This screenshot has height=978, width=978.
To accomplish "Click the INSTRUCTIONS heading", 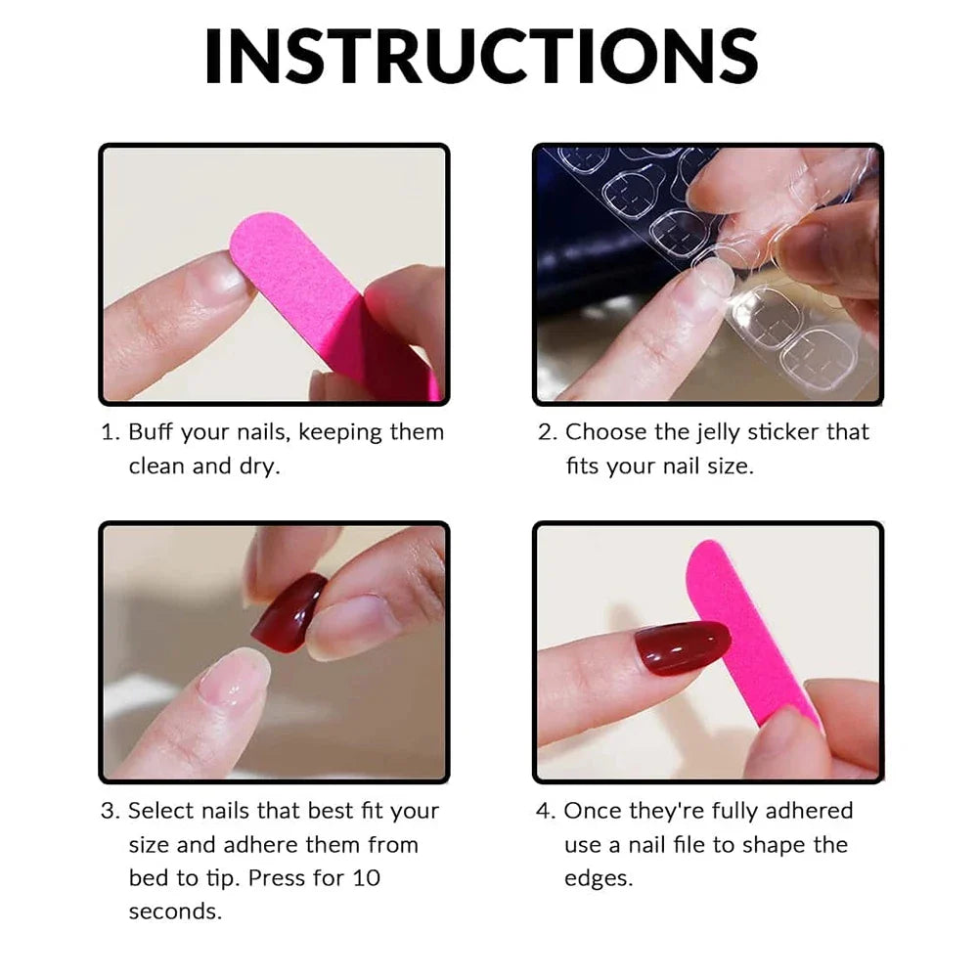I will click(480, 57).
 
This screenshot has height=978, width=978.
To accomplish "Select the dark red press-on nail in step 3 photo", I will click(289, 612).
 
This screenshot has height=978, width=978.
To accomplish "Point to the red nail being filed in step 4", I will click(682, 646).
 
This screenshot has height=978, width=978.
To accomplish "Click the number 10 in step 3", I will click(365, 877).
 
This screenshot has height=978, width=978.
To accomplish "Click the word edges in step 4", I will click(599, 877).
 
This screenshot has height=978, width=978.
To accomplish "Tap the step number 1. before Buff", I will click(111, 432).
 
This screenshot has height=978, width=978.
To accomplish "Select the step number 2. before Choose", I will click(548, 432).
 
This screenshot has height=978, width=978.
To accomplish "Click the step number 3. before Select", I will click(111, 811).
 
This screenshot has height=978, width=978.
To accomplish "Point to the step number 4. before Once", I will click(548, 811).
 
